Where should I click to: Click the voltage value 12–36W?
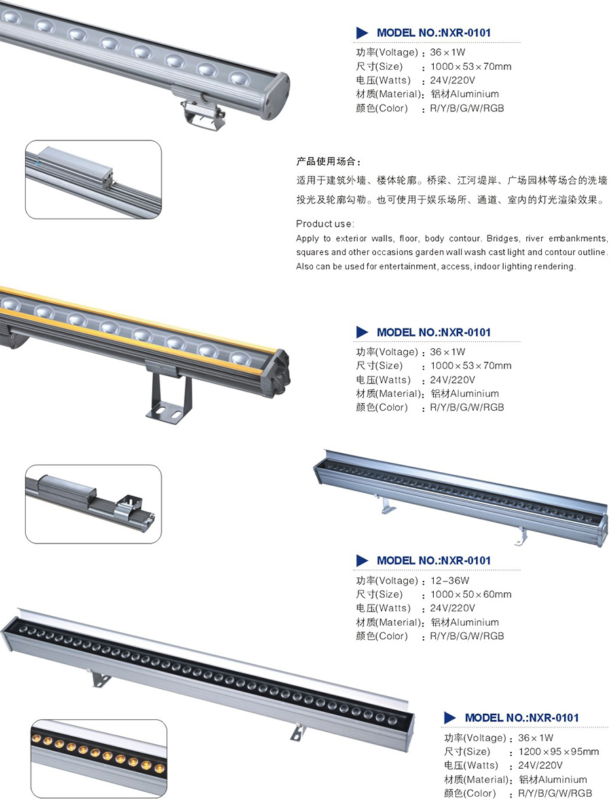(x=449, y=580)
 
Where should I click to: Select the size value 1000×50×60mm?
(x=470, y=594)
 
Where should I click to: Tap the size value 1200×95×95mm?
(x=559, y=752)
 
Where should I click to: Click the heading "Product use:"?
(x=325, y=223)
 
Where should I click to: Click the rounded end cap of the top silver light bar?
(x=276, y=96)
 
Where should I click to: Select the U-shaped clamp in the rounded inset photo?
(x=127, y=505)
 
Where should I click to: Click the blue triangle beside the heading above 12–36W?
(x=362, y=560)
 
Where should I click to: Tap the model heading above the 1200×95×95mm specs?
(x=521, y=718)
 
